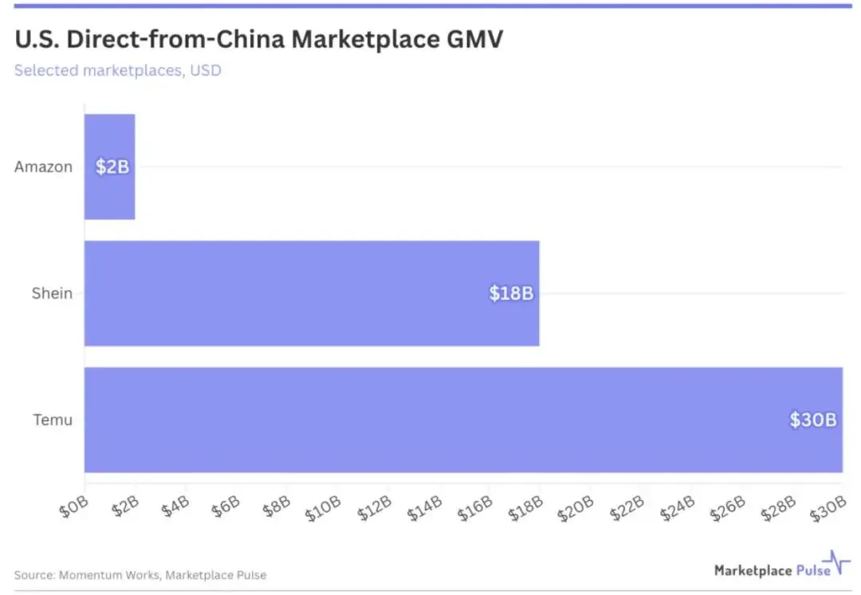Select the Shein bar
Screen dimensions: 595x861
pos(311,294)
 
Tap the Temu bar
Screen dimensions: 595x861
pos(462,420)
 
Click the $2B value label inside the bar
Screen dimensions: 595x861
pos(111,167)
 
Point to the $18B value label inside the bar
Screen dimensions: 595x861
pos(511,294)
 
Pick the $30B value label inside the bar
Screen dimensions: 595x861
pos(813,420)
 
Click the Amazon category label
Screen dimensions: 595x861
pos(43,167)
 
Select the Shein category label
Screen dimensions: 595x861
pos(52,294)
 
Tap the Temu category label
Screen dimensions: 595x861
pos(53,420)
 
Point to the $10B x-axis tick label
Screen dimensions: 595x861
pos(324,509)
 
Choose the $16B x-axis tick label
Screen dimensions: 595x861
pos(475,509)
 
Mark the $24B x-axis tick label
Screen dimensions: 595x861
pos(678,509)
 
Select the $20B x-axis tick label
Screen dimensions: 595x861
pos(576,509)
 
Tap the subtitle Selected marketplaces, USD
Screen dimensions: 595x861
pos(118,70)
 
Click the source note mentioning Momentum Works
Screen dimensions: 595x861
pos(140,575)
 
